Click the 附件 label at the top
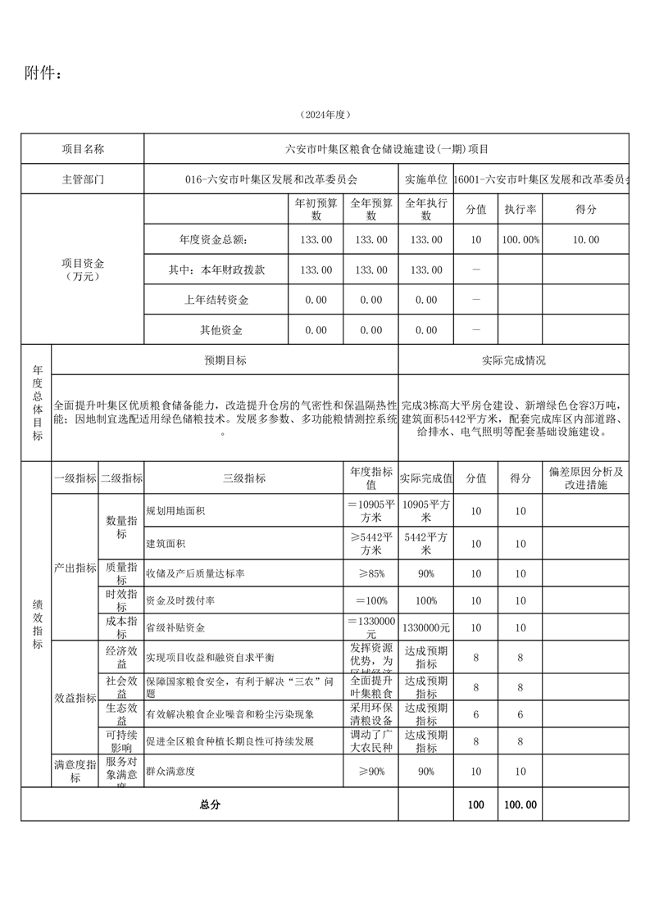43,73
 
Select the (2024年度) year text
325,115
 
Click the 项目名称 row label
83,149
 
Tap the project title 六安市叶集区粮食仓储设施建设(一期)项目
386,149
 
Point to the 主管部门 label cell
83,179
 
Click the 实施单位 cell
425,179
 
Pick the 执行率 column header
520,210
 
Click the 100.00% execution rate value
520,240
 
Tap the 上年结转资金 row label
216,300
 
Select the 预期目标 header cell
225,360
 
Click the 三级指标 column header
243,478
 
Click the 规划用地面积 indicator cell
175,511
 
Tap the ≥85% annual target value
370,574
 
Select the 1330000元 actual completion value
425,627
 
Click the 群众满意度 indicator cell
170,772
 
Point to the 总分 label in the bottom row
210,804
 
